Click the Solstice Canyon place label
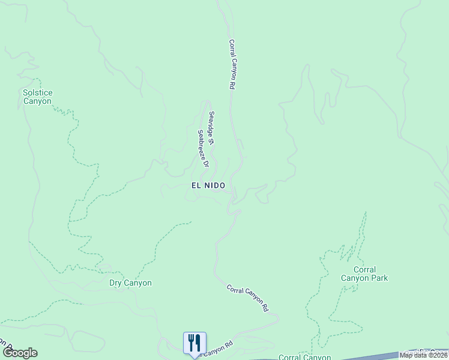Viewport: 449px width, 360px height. coord(37,97)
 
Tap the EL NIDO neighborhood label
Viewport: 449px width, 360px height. coord(208,186)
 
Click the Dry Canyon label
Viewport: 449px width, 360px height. coord(130,283)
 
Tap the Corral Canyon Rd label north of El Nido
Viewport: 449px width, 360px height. coord(231,65)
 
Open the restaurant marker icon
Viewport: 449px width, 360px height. coord(194,343)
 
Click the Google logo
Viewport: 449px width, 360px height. coord(20,353)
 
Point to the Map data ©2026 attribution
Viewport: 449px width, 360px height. coord(424,355)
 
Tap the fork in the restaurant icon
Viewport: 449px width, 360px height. coord(191,343)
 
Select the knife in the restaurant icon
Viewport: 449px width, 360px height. coord(198,343)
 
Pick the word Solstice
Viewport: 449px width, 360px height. coord(37,92)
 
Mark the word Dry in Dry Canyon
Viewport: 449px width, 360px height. coord(116,283)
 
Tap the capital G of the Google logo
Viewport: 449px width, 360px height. coord(8,353)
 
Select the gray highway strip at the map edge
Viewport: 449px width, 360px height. coord(372,356)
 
